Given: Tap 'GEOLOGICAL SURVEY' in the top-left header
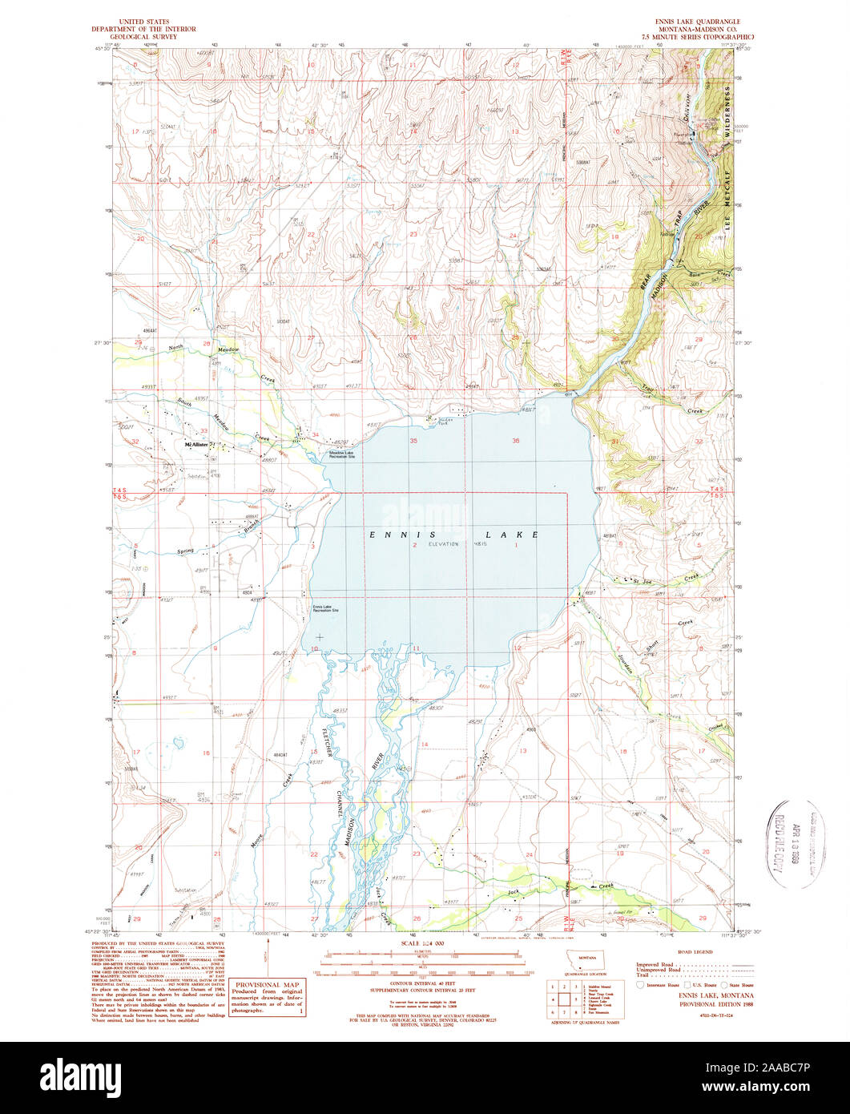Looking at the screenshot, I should pos(153,36).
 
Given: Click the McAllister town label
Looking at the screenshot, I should pos(196,444).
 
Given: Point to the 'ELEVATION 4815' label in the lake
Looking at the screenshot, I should pos(455,544).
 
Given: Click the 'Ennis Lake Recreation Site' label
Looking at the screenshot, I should pos(325,608).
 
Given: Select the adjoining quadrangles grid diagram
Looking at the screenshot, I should pos(564,999).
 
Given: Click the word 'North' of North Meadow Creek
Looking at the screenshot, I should pos(178,348).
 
